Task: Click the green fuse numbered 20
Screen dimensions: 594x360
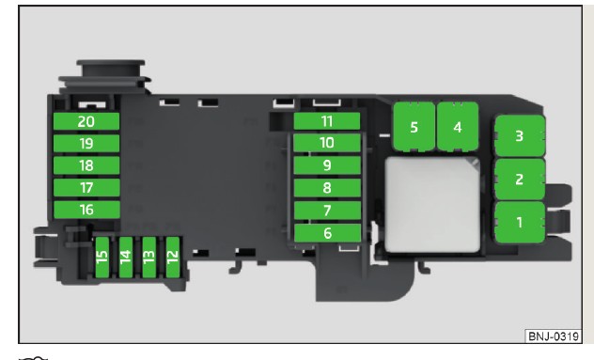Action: pos(86,121)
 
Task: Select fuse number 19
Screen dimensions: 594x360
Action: pos(86,144)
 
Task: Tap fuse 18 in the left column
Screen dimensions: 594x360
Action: pos(86,165)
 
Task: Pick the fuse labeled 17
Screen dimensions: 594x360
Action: pos(86,187)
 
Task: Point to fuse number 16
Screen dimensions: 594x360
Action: pos(86,210)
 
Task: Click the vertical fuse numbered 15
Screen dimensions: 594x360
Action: pos(102,258)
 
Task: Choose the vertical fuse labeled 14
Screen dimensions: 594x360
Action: pos(125,258)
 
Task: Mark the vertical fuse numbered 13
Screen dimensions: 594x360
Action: pos(148,258)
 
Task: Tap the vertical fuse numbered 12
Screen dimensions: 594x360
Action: pos(172,258)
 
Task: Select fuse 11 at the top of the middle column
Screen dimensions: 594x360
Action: pos(326,121)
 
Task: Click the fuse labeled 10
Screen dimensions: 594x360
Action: pos(326,143)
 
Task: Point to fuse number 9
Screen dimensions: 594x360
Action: pos(326,165)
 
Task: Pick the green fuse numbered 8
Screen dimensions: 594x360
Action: pos(326,187)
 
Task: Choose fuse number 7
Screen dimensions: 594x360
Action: pos(326,210)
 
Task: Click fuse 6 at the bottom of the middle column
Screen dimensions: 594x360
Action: pos(326,232)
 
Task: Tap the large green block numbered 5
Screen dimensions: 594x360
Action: pos(414,128)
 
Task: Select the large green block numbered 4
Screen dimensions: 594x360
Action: pos(458,128)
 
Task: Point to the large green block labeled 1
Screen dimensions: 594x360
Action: pos(519,225)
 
